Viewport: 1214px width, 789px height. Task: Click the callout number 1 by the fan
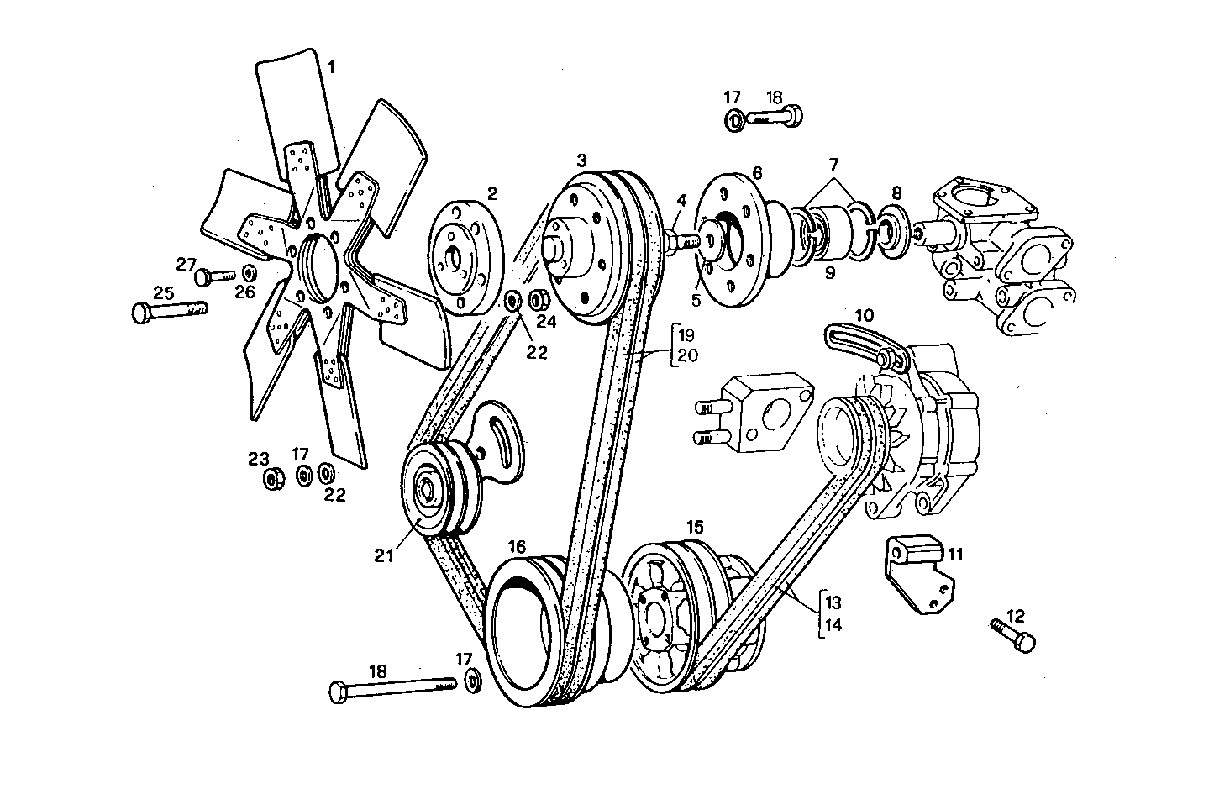331,67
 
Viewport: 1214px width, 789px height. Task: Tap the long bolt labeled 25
169,312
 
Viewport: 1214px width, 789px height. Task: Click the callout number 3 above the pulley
581,159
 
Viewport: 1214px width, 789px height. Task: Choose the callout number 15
694,527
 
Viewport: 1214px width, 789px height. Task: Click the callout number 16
517,546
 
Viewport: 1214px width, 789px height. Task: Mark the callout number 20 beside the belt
687,355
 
